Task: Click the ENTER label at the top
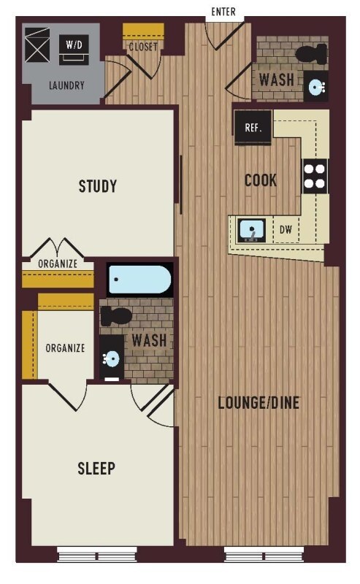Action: [223, 12]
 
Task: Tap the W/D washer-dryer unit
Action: [74, 49]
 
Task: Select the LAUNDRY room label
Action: [66, 85]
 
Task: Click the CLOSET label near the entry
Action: [143, 47]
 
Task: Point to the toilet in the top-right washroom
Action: [311, 53]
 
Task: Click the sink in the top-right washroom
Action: [316, 87]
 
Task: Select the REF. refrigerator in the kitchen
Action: [253, 128]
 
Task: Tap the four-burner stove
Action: [315, 176]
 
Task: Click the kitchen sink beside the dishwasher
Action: [251, 230]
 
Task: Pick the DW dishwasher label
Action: [286, 229]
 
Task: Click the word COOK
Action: [261, 180]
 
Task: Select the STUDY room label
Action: [98, 186]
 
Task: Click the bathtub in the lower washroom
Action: [139, 279]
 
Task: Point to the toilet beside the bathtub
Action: [116, 316]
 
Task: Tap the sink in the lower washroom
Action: [112, 359]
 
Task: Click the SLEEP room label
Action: [96, 468]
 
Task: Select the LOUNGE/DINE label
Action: [258, 403]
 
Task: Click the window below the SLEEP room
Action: [97, 554]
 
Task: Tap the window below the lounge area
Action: [264, 554]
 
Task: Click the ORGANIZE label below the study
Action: [58, 264]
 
